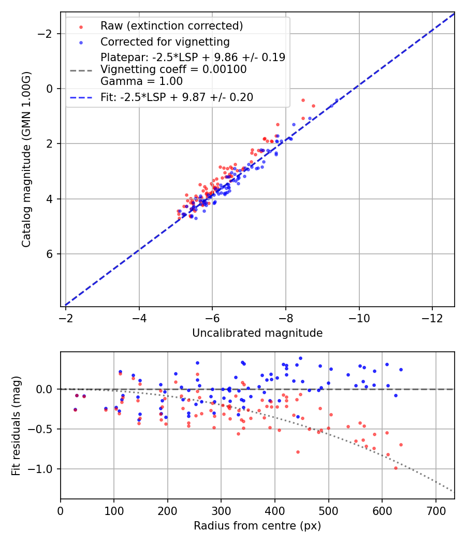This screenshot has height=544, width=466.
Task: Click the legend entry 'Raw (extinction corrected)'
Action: coord(171,26)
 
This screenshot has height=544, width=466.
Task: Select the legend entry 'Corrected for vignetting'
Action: coord(165,41)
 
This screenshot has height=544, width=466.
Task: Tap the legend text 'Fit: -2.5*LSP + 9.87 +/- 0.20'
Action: coord(177,97)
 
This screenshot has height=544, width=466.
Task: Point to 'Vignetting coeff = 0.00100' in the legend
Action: coord(173,69)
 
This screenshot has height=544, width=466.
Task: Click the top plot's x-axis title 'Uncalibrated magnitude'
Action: coord(257,333)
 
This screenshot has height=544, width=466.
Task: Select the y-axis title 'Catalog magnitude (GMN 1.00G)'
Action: coord(26,160)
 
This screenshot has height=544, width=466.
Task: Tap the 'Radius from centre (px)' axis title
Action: coord(257,526)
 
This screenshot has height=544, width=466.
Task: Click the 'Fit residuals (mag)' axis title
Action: coord(16,425)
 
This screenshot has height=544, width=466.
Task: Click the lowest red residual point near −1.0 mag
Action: coord(396,468)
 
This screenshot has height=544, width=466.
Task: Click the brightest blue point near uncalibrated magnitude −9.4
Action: coord(337,100)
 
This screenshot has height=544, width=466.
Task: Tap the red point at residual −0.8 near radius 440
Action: coord(298,452)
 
